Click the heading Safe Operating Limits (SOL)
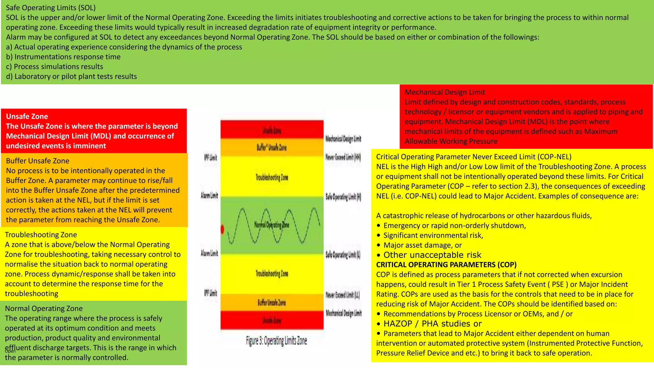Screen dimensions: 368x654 coord(51,8)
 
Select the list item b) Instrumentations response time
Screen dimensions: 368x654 coord(63,57)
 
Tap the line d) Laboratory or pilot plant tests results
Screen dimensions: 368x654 coord(72,76)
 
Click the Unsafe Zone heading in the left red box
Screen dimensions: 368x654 coord(27,116)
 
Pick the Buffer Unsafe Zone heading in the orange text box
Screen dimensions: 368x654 coord(38,161)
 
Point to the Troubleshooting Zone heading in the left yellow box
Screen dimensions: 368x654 coord(41,235)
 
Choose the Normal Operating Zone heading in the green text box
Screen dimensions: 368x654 coord(44,309)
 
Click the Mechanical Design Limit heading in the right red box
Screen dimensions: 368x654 coord(445,92)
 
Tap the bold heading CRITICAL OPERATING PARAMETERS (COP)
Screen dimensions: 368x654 coord(446,265)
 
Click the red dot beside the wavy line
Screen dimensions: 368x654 coord(223,229)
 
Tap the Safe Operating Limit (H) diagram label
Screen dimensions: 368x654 coord(343,197)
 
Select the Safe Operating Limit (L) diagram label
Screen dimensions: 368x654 coord(343,255)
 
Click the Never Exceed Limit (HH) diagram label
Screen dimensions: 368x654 coord(343,157)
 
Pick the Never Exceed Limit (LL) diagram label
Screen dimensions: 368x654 coord(343,295)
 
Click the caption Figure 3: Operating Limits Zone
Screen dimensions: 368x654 coord(276,341)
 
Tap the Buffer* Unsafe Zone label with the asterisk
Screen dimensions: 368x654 coord(272,148)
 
